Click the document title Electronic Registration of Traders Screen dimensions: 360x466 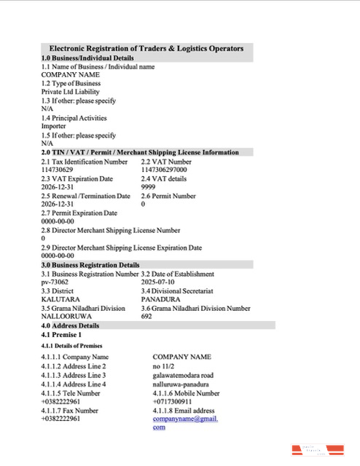pyautogui.click(x=146, y=48)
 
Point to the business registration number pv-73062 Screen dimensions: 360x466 pyautogui.click(x=55, y=282)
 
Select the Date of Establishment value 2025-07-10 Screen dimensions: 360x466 pyautogui.click(x=158, y=282)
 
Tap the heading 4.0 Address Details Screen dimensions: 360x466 pyautogui.click(x=70, y=325)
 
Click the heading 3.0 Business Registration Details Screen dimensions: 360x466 pyautogui.click(x=90, y=265)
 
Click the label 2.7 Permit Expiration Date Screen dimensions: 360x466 pyautogui.click(x=79, y=213)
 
